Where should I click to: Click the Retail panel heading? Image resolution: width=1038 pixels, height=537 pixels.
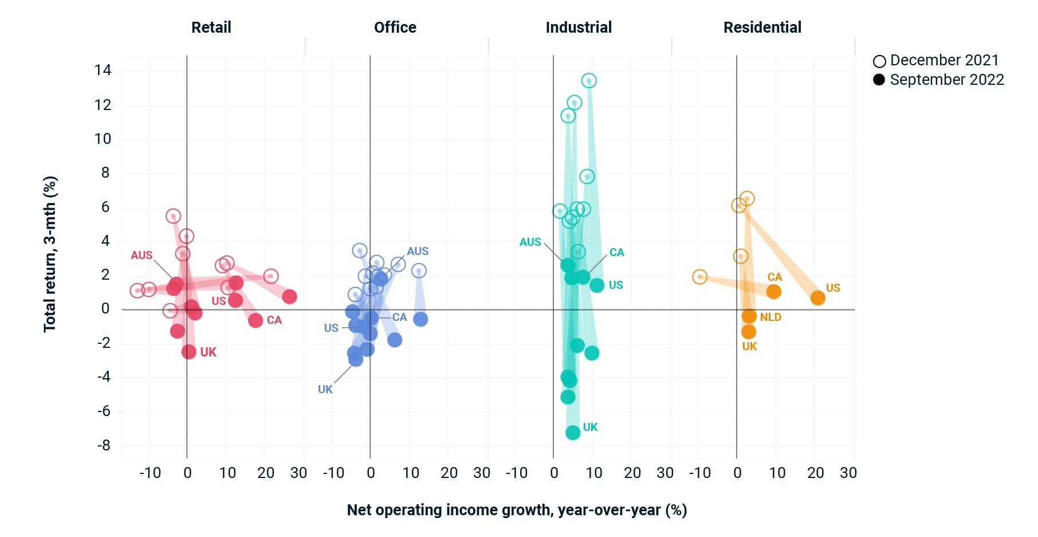click(211, 28)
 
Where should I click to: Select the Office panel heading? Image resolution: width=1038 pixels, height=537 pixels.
click(395, 28)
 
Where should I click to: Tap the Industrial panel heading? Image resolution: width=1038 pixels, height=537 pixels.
click(579, 28)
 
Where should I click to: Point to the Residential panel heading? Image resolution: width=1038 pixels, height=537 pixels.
click(762, 28)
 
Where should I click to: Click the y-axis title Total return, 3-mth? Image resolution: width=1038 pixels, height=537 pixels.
click(50, 254)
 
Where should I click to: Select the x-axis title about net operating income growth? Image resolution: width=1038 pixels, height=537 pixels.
click(517, 510)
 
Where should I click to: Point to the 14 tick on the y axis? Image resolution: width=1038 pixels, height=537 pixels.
click(103, 70)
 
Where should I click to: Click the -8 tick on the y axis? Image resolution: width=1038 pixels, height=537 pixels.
click(103, 445)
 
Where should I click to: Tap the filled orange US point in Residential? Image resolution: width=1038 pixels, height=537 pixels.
click(817, 298)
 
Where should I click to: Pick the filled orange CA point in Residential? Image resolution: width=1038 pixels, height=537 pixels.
click(773, 292)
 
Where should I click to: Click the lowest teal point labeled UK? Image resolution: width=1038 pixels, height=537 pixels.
click(573, 433)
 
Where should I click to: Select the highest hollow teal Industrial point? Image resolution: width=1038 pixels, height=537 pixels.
click(589, 81)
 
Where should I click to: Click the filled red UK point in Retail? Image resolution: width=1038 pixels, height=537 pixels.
click(188, 351)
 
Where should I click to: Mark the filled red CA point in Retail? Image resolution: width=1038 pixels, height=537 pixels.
click(255, 320)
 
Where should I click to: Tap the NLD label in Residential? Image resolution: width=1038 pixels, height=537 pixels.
click(770, 317)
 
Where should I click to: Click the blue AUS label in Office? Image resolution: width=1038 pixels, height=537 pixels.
click(418, 251)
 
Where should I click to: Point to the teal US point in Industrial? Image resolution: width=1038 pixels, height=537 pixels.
click(596, 285)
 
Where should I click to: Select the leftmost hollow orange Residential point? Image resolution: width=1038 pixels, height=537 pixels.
click(699, 277)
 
